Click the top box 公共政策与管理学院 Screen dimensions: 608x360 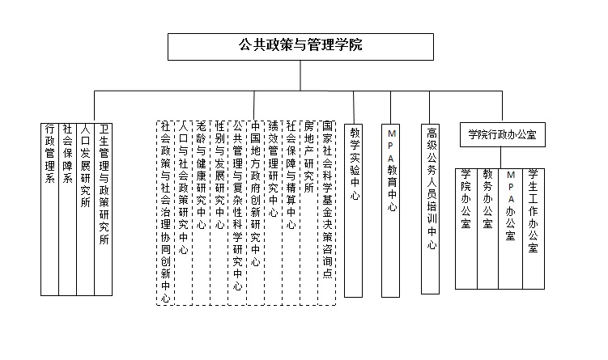pyautogui.click(x=300, y=47)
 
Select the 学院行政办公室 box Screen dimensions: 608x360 pyautogui.click(x=503, y=135)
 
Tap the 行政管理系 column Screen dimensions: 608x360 pyautogui.click(x=49, y=210)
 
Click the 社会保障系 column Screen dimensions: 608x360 pyautogui.click(x=67, y=210)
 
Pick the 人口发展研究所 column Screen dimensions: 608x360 pyautogui.click(x=85, y=210)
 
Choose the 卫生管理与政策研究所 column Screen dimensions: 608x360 pyautogui.click(x=103, y=210)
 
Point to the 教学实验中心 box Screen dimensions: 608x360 pyautogui.click(x=354, y=211)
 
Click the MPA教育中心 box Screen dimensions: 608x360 pyautogui.click(x=390, y=211)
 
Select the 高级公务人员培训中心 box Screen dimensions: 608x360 pyautogui.click(x=431, y=210)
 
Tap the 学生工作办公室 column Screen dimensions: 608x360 pyautogui.click(x=534, y=229)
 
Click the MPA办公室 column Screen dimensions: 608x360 pyautogui.click(x=510, y=229)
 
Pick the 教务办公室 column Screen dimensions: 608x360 pyautogui.click(x=488, y=229)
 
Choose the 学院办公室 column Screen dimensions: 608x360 pyautogui.click(x=466, y=229)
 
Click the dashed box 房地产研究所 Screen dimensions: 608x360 pyautogui.click(x=309, y=213)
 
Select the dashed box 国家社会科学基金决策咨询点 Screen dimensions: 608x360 pyautogui.click(x=327, y=213)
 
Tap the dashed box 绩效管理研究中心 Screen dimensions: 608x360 pyautogui.click(x=274, y=213)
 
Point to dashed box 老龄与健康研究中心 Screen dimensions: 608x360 pyautogui.click(x=202, y=213)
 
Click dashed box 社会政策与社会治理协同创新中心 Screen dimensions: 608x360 pyautogui.click(x=166, y=213)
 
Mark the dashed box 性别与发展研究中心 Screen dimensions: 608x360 pyautogui.click(x=219, y=213)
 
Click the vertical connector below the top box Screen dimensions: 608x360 pyautogui.click(x=300, y=75)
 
